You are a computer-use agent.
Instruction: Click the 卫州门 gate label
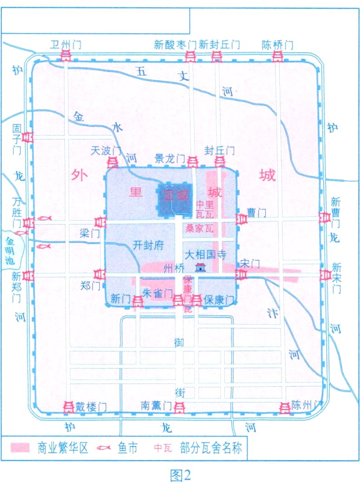[x=66, y=44]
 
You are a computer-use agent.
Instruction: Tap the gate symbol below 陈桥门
[x=277, y=56]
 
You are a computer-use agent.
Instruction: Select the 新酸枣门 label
[x=175, y=44]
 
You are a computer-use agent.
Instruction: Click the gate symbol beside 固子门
[x=28, y=137]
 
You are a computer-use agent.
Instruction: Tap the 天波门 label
[x=106, y=150]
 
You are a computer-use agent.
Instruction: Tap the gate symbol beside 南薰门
[x=180, y=407]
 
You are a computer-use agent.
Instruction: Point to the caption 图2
[x=180, y=474]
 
